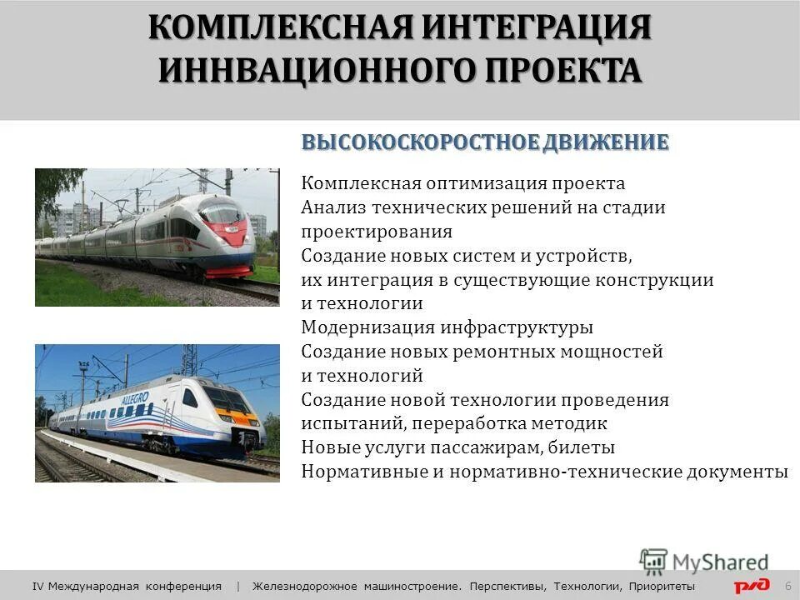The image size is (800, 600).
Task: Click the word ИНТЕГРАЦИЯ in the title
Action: pos(537,27)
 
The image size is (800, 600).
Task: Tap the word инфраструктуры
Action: pos(518,327)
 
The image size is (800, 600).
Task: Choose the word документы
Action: pos(737,472)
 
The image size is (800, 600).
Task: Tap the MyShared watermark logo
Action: pos(704,562)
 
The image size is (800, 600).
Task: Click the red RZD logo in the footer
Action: pos(752,586)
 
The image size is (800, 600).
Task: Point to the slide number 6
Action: pos(787,586)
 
